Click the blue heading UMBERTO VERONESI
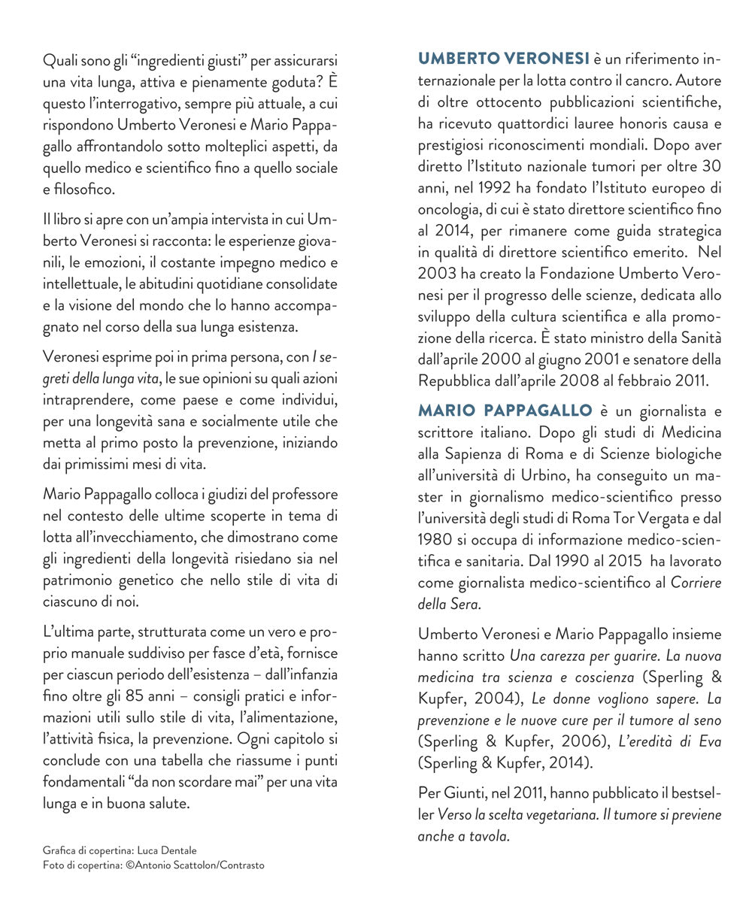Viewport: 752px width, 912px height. click(503, 59)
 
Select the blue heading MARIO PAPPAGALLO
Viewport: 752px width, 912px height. click(505, 411)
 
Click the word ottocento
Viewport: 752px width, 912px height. click(502, 102)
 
